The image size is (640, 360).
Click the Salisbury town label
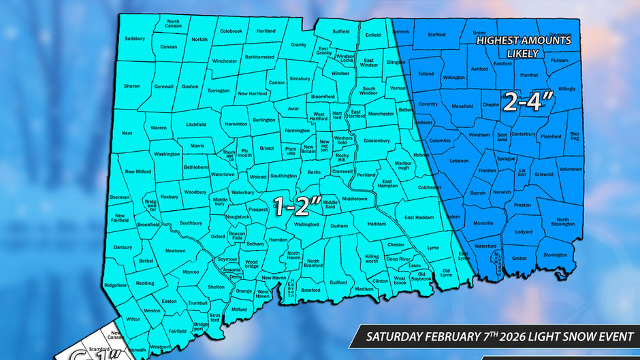point(135,39)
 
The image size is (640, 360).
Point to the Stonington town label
point(555,255)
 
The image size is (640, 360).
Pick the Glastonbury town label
point(377,141)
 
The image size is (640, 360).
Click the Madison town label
point(364,289)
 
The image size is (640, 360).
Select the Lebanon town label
point(459,161)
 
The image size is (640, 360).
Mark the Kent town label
point(127,133)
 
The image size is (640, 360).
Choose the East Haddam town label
point(419,217)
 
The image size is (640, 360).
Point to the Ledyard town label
point(524,232)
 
